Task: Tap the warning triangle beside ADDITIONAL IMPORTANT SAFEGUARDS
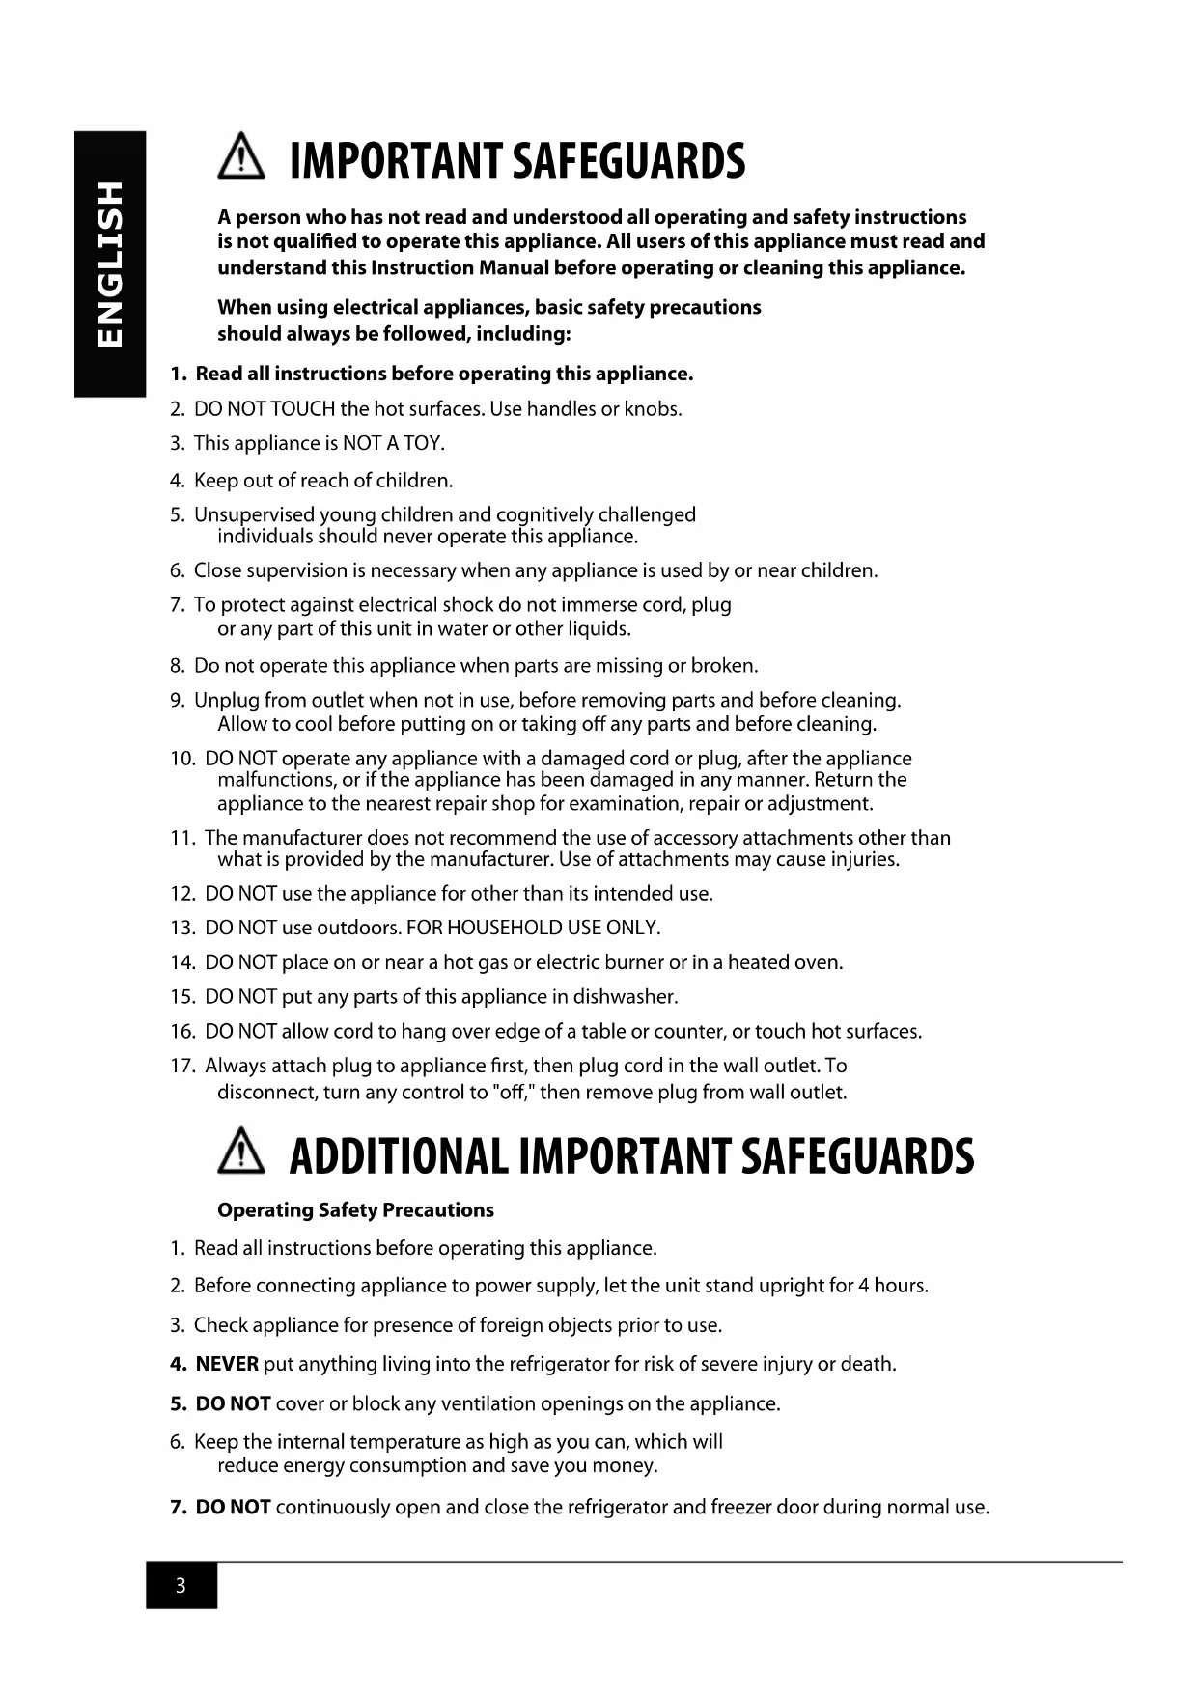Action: (241, 1154)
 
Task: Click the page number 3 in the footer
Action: (181, 1586)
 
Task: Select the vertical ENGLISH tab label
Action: (110, 264)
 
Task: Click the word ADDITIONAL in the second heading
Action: (398, 1156)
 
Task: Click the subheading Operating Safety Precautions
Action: (355, 1210)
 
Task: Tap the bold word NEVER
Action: (227, 1364)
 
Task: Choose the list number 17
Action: (182, 1067)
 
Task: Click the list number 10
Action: (182, 759)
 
